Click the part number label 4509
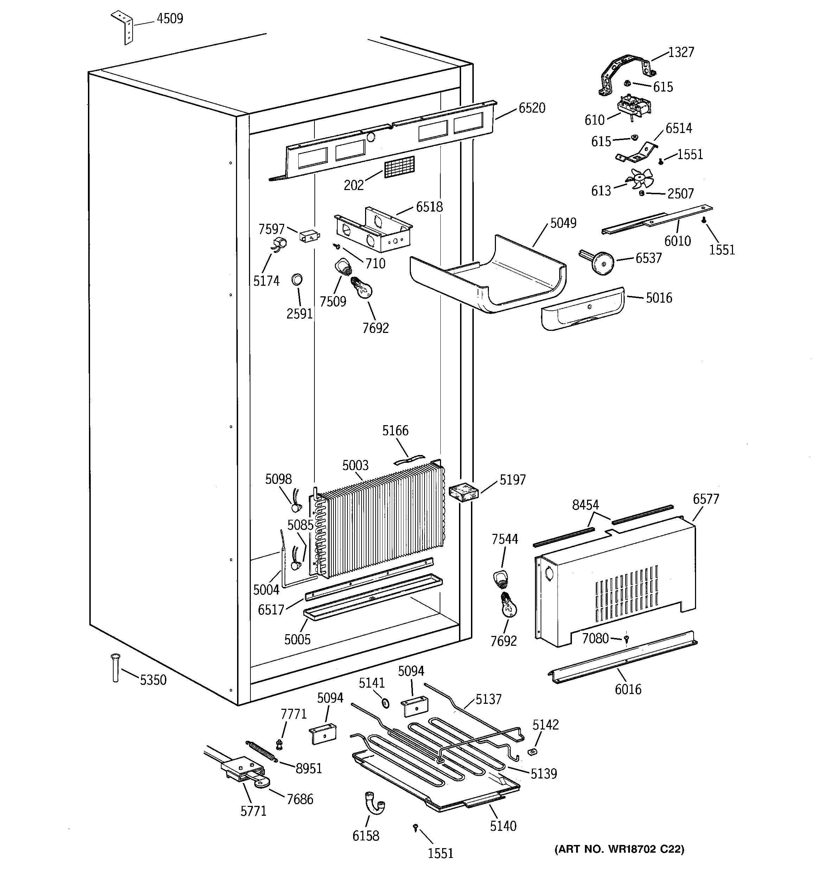[x=170, y=19]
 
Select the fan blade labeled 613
[x=639, y=179]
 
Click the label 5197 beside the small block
[x=512, y=480]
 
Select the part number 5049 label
[x=563, y=223]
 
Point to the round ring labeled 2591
[x=297, y=279]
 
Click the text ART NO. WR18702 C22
[x=619, y=849]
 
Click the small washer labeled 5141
[x=385, y=703]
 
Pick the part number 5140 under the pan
[x=503, y=826]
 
